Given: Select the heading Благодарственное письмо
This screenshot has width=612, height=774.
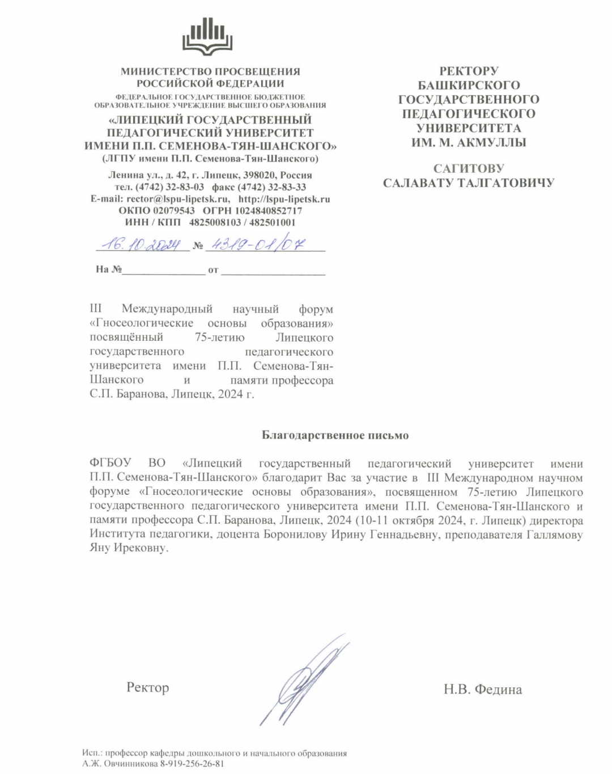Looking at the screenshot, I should (x=335, y=435).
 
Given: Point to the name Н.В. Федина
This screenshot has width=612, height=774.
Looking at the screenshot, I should (x=482, y=689).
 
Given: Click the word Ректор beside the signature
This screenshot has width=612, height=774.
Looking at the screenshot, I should (x=147, y=687).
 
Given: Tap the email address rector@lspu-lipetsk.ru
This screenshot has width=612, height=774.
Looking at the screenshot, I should (x=178, y=199).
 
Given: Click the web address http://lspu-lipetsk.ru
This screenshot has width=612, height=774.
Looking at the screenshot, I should (x=284, y=199).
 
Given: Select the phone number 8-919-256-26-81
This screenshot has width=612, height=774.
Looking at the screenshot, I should (x=192, y=764).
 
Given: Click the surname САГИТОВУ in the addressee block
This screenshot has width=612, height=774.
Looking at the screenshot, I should (x=468, y=169).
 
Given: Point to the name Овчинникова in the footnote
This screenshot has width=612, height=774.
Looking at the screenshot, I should (x=130, y=764).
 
